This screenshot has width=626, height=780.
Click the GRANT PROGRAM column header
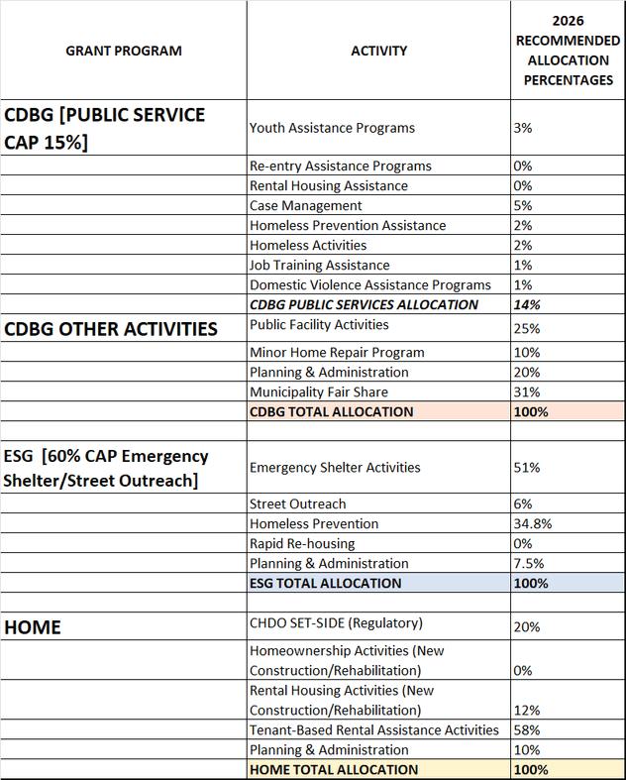pyautogui.click(x=124, y=51)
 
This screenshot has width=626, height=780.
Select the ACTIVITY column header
pyautogui.click(x=378, y=51)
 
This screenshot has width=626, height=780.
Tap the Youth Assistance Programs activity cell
pyautogui.click(x=332, y=128)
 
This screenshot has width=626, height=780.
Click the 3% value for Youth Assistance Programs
pyautogui.click(x=523, y=128)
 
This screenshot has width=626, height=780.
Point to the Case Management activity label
pyautogui.click(x=306, y=206)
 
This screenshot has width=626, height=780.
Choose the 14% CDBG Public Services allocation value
pyautogui.click(x=526, y=305)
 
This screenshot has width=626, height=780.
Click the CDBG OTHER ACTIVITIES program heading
pyautogui.click(x=111, y=329)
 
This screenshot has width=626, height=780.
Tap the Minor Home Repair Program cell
pyautogui.click(x=337, y=353)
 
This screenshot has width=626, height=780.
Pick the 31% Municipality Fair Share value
pyautogui.click(x=527, y=392)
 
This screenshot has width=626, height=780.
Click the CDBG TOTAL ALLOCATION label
pyautogui.click(x=332, y=411)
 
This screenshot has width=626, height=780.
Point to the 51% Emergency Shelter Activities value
pyautogui.click(x=527, y=468)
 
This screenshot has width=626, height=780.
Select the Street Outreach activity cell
pyautogui.click(x=298, y=504)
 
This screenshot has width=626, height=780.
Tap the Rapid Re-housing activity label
pyautogui.click(x=302, y=544)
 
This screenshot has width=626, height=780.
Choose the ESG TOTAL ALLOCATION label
pyautogui.click(x=326, y=583)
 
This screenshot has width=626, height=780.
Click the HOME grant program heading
pyautogui.click(x=33, y=627)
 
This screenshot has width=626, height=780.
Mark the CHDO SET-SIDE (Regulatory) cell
pyautogui.click(x=336, y=623)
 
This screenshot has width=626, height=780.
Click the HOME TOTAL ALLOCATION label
pyautogui.click(x=334, y=770)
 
